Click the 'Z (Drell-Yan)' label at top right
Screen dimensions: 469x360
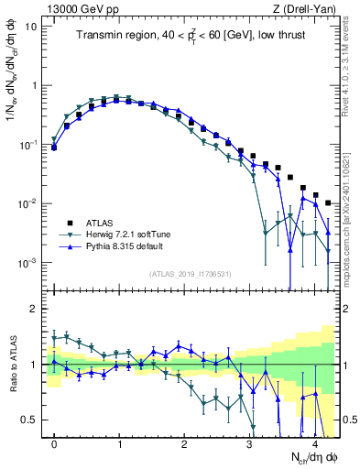coord(308,6)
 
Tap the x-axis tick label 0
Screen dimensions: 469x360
coord(54,446)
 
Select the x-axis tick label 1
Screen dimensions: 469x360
coord(119,446)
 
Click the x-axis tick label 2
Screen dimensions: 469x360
coord(184,446)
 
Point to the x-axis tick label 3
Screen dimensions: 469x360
coord(249,446)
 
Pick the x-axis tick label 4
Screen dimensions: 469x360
coord(314,446)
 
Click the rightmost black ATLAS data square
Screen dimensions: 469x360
coord(328,202)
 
